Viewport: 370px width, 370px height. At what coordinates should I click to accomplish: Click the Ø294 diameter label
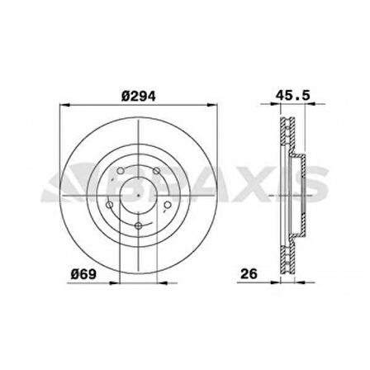coord(138,96)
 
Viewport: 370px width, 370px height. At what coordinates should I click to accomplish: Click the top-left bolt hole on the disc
coord(121,172)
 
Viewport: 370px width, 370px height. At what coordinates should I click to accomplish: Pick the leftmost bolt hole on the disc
coord(110,203)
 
